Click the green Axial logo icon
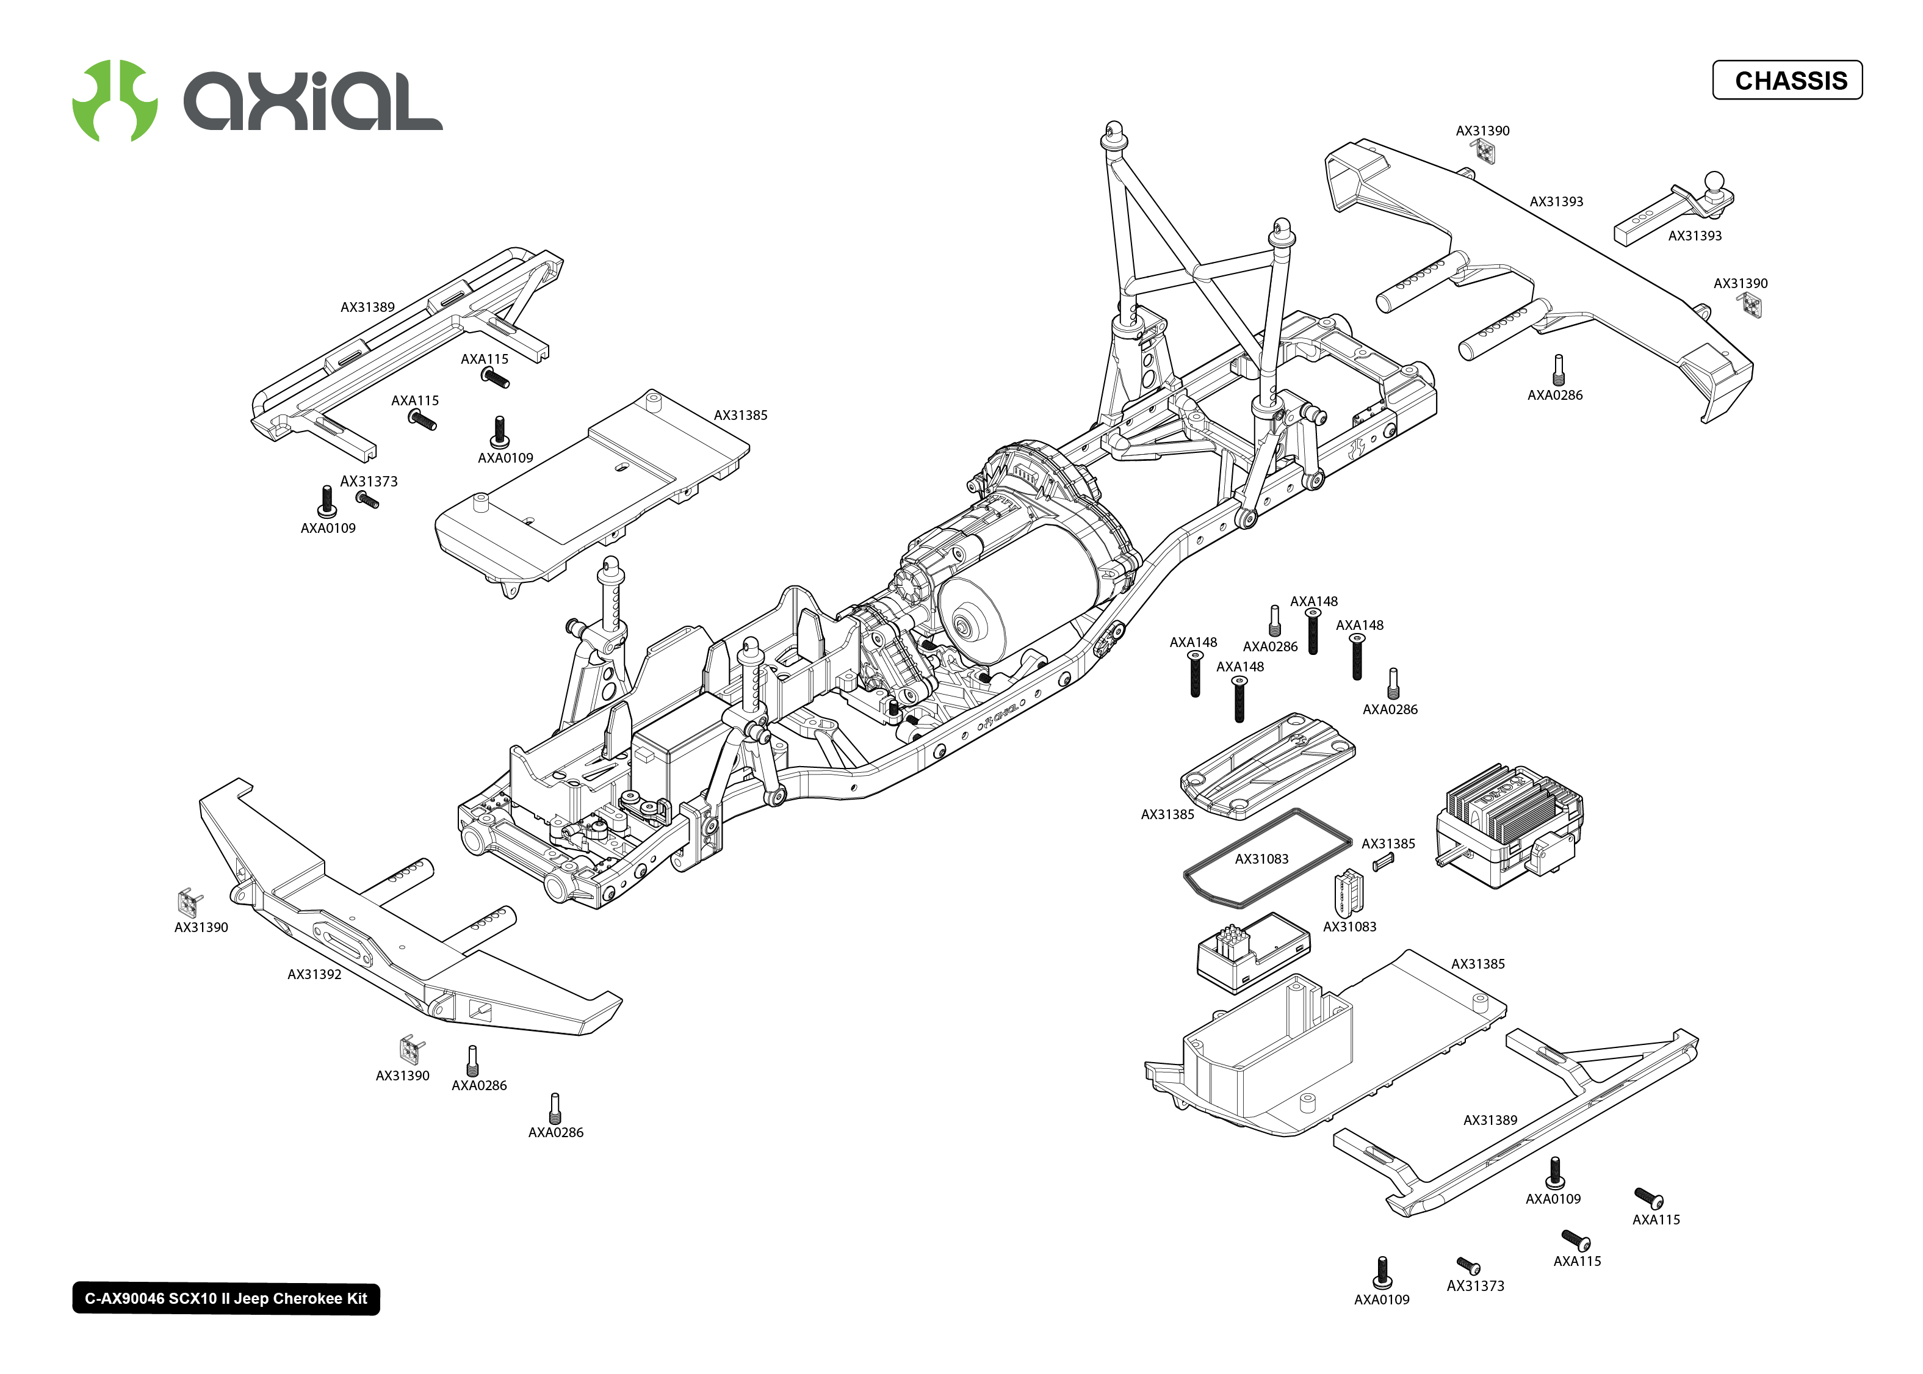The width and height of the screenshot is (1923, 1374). click(x=115, y=100)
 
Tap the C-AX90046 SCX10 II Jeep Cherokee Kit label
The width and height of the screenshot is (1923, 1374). click(x=226, y=1299)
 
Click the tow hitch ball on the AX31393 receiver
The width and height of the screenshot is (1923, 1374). click(x=1713, y=182)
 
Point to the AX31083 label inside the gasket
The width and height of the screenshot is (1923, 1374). click(x=1261, y=859)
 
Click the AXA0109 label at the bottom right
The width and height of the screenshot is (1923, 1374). click(x=1381, y=1300)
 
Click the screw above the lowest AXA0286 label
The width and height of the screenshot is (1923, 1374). click(x=555, y=1107)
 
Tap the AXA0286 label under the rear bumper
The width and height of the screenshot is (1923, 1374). click(x=1554, y=395)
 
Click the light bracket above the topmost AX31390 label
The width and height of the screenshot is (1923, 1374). click(x=1483, y=151)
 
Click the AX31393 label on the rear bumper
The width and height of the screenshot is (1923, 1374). click(x=1556, y=201)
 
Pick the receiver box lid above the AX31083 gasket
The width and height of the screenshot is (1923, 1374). click(x=1267, y=765)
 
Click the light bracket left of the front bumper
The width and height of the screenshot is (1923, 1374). click(x=189, y=902)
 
